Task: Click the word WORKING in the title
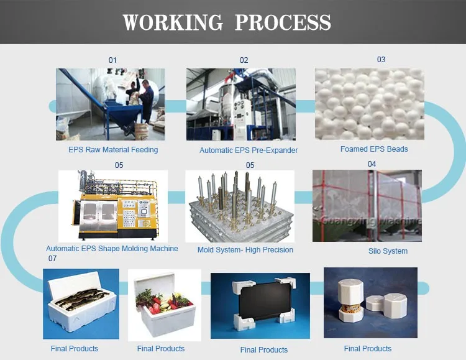[173, 22]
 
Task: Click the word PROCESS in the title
[283, 22]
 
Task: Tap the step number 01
[112, 60]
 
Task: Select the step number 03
[381, 60]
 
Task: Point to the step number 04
[372, 164]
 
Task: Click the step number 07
[52, 258]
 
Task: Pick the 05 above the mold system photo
[250, 165]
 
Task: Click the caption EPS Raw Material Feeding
[113, 150]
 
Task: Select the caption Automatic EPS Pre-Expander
[249, 150]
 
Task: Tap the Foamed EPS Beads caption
[374, 149]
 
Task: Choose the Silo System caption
[388, 251]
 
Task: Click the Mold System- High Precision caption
[245, 249]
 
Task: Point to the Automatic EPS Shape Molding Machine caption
[112, 249]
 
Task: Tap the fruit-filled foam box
[165, 305]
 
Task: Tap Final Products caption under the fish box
[75, 349]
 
